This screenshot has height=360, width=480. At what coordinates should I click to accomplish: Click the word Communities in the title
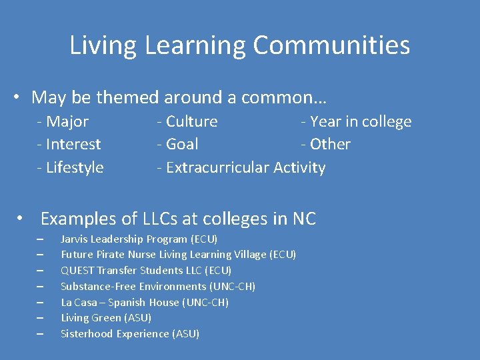tap(331, 46)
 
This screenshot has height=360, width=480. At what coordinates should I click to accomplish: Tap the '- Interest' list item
tap(69, 144)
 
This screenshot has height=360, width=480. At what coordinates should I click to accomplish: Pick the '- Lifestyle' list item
tap(71, 167)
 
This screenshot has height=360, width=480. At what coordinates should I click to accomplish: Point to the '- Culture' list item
tap(187, 121)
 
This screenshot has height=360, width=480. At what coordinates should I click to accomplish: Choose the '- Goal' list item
tap(177, 144)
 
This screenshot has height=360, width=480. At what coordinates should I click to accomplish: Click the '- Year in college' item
tap(356, 121)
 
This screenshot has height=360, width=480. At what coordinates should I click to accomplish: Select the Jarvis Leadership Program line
tap(139, 239)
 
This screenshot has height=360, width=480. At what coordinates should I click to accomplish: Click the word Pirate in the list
tap(107, 254)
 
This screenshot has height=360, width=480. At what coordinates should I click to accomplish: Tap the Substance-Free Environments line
tap(158, 286)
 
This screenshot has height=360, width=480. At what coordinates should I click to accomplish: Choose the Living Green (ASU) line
tap(106, 318)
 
